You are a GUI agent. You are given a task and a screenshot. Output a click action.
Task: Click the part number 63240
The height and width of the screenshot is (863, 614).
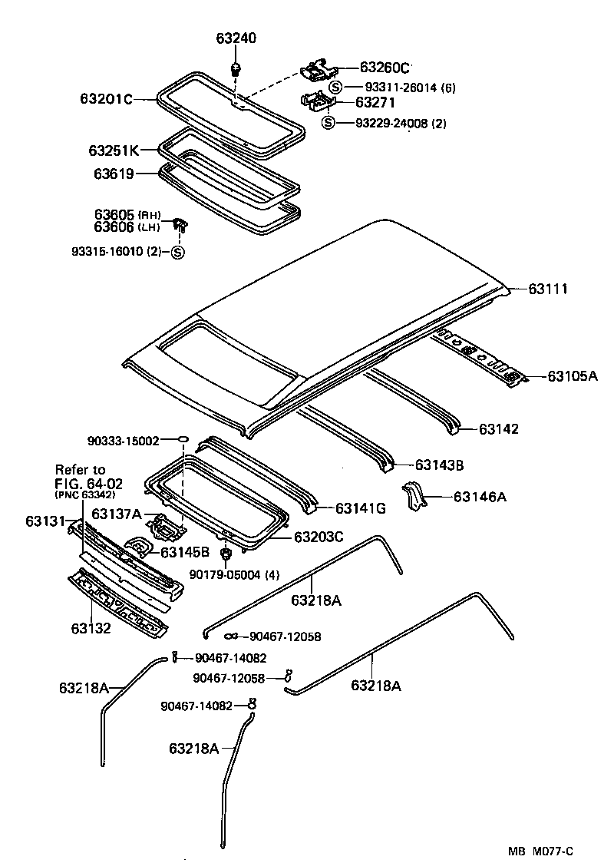point(237,39)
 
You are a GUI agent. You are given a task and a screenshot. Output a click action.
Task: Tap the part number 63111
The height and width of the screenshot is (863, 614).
point(548,289)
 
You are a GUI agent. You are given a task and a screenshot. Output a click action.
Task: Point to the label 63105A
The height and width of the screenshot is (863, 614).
point(572,376)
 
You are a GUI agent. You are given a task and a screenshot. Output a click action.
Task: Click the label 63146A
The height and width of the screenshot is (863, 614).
point(480,497)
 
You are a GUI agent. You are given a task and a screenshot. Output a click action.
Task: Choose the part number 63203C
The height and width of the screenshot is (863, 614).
point(318,537)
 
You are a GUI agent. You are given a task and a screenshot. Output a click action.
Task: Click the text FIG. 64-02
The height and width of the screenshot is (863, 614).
point(88,483)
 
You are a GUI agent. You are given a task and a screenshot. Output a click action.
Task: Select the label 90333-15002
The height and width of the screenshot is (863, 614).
point(123,441)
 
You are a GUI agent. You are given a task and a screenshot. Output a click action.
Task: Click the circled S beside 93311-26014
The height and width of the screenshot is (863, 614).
point(335,88)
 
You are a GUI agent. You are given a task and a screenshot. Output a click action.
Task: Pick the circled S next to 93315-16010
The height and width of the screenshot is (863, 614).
point(177,253)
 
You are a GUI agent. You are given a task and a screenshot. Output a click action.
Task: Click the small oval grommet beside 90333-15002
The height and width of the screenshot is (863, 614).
point(183,439)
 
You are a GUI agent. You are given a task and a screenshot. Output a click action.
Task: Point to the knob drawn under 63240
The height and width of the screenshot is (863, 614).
point(237,69)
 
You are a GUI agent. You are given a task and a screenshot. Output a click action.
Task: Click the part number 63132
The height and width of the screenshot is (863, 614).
point(92,629)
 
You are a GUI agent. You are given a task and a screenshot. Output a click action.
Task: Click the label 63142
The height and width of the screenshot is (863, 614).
point(499,428)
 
